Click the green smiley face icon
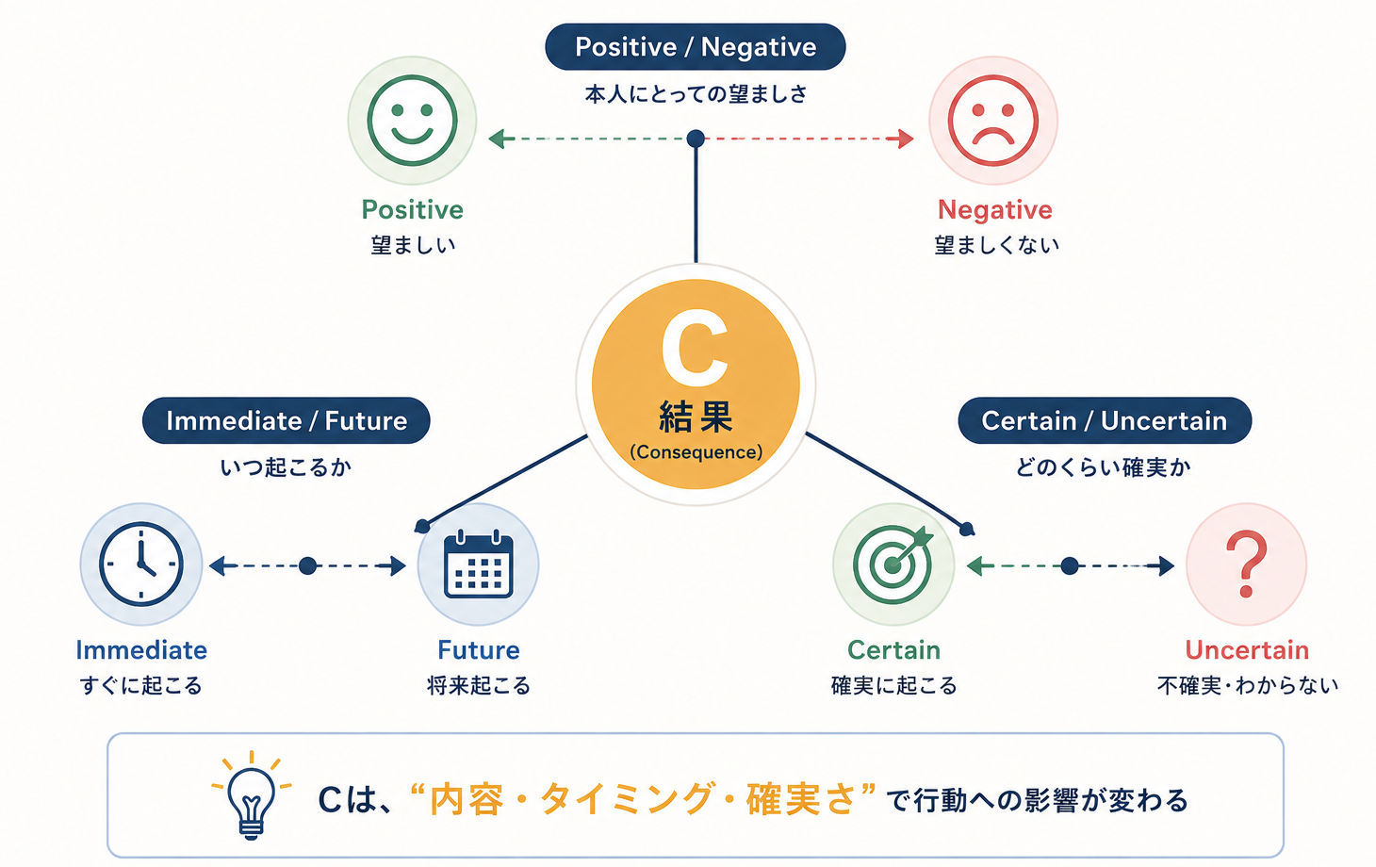pyautogui.click(x=412, y=121)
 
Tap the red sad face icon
pyautogui.click(x=992, y=121)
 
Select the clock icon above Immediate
pyautogui.click(x=141, y=564)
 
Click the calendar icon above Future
pyautogui.click(x=478, y=564)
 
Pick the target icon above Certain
pyautogui.click(x=893, y=564)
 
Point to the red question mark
pyautogui.click(x=1246, y=564)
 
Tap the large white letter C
pyautogui.click(x=695, y=348)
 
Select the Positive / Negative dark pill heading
pyautogui.click(x=696, y=47)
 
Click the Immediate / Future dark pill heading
pyautogui.click(x=287, y=420)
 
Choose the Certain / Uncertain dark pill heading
pyautogui.click(x=1105, y=420)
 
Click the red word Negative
pyautogui.click(x=994, y=210)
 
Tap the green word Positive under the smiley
pyautogui.click(x=412, y=210)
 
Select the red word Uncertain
pyautogui.click(x=1247, y=650)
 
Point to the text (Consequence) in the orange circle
pyautogui.click(x=696, y=452)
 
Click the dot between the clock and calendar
pyautogui.click(x=308, y=565)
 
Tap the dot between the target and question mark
pyautogui.click(x=1070, y=565)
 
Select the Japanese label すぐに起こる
pyautogui.click(x=141, y=685)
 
